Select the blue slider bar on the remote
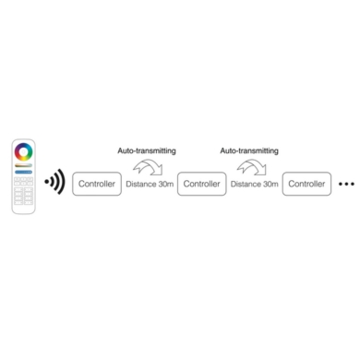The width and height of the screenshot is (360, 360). click(x=24, y=172)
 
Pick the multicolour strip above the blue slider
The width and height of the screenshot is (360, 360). click(x=24, y=166)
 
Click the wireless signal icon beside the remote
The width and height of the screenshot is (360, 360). click(x=54, y=182)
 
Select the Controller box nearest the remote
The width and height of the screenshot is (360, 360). click(x=97, y=185)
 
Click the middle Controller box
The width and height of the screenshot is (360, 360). click(x=202, y=185)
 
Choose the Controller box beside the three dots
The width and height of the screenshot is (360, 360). click(x=306, y=185)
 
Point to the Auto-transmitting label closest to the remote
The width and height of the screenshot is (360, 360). click(x=147, y=149)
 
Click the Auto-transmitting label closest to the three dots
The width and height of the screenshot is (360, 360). click(x=249, y=149)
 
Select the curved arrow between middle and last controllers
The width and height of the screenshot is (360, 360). click(x=251, y=167)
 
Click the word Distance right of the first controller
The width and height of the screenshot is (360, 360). click(x=141, y=185)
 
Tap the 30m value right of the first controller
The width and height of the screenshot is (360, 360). click(x=164, y=185)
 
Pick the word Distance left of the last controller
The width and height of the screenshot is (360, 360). click(x=246, y=185)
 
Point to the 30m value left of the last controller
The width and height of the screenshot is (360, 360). click(x=270, y=185)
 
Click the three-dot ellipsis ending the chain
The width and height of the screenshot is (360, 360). click(x=346, y=185)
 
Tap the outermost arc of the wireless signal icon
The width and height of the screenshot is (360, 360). click(x=62, y=182)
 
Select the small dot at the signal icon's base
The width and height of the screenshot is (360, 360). click(x=46, y=182)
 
